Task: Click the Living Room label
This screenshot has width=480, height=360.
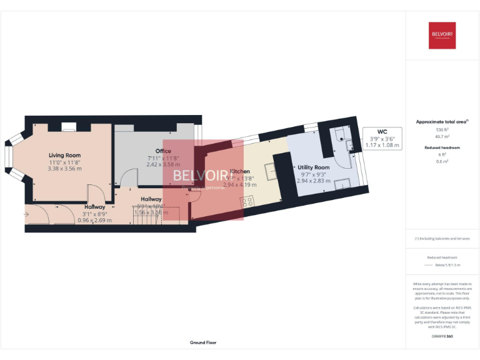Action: tap(65, 155)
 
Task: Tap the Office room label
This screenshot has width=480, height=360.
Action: tap(163, 151)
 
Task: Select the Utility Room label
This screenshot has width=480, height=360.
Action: tap(313, 167)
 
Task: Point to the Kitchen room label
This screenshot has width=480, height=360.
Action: tap(241, 171)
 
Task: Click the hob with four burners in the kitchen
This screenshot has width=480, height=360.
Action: tap(247, 201)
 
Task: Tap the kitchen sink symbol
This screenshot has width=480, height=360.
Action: tap(270, 170)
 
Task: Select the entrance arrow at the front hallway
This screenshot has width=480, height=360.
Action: tap(26, 214)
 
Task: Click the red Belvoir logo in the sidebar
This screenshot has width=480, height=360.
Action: tap(442, 35)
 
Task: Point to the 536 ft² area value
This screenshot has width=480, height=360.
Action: tap(442, 129)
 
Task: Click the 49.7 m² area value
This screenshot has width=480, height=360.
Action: tap(442, 136)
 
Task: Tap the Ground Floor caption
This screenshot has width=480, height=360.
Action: tap(202, 342)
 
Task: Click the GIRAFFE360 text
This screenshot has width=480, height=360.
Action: tap(442, 336)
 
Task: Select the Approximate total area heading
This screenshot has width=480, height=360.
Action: tap(442, 122)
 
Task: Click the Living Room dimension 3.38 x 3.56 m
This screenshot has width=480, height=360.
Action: tap(65, 168)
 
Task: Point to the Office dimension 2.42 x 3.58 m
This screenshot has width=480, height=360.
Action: tap(163, 164)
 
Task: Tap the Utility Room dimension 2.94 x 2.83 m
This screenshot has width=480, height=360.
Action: tap(313, 181)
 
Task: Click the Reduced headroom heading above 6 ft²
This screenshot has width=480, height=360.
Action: tap(442, 147)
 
